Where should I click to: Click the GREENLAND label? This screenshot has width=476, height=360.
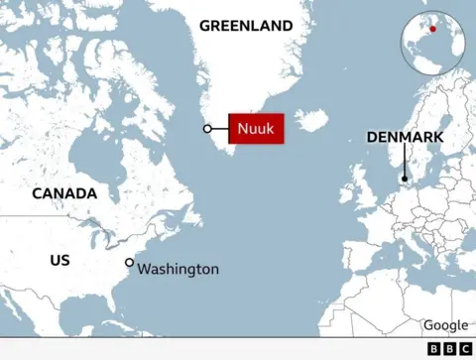point(246,26)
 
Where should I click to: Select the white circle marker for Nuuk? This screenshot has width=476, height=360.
point(207,129)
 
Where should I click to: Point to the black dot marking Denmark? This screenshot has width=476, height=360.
point(405,180)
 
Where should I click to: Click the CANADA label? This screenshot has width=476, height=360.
point(64,193)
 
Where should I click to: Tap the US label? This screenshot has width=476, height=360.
point(59,260)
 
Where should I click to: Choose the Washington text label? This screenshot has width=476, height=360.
point(178,269)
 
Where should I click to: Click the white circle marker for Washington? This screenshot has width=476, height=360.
point(129,263)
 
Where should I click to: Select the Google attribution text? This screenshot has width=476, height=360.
point(445,325)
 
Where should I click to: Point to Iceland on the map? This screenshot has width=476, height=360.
point(311,121)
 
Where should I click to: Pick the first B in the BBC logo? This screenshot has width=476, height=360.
point(434,349)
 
